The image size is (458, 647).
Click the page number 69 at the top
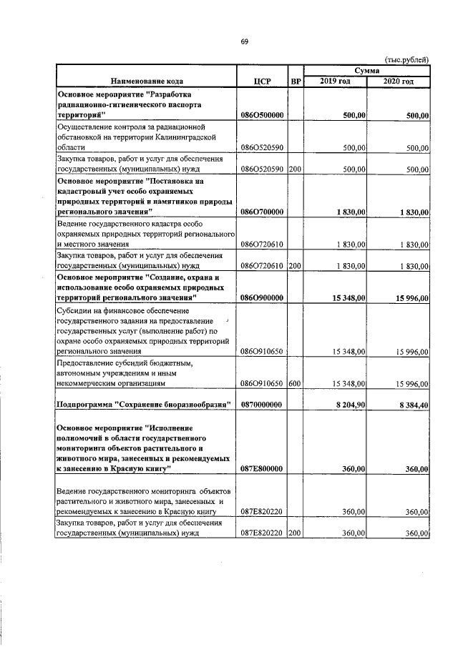(243, 41)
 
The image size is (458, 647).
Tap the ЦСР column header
(262, 82)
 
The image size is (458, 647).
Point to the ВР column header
(295, 82)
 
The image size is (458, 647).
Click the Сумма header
(366, 70)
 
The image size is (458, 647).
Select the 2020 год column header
(398, 82)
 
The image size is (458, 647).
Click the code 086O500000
(262, 114)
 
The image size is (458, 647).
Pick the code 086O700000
(262, 212)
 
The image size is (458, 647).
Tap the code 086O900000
(262, 297)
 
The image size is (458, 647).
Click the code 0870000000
(262, 405)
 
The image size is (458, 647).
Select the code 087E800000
(262, 469)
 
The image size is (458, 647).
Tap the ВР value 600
(294, 384)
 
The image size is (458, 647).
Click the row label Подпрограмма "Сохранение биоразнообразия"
(143, 405)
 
